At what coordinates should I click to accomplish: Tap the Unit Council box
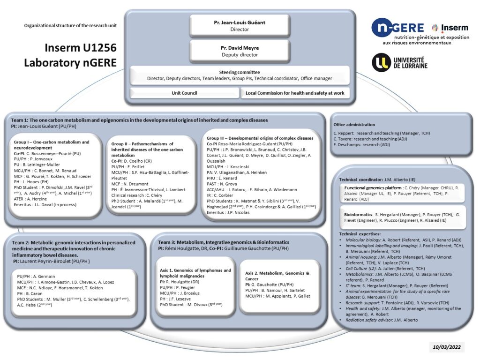184,93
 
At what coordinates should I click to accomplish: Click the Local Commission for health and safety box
295,93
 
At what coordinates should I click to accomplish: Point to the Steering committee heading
240,72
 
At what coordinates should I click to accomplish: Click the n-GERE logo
397,28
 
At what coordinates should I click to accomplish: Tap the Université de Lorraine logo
399,62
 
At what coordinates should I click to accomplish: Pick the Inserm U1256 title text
81,47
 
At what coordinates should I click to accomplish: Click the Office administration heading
354,125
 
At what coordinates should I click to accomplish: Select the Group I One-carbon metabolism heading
52,145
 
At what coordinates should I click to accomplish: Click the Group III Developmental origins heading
260,138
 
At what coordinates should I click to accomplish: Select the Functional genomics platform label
370,187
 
